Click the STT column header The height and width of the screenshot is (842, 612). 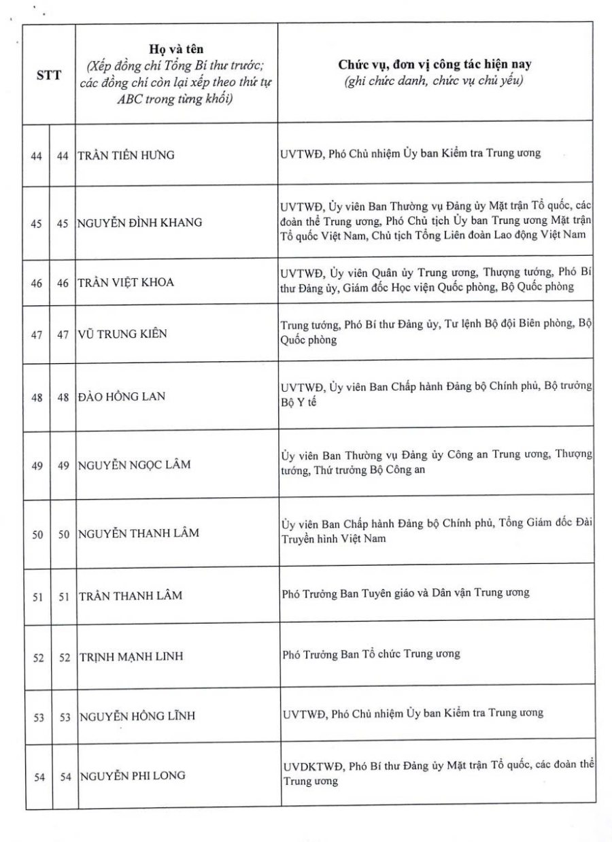(x=49, y=75)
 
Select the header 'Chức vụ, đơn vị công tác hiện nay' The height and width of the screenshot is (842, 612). (x=435, y=65)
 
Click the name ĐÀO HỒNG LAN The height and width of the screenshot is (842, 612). (x=122, y=397)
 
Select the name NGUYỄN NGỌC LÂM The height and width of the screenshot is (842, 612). (x=135, y=465)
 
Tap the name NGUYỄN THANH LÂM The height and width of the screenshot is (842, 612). (x=139, y=533)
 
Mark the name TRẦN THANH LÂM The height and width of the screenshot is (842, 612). (x=131, y=596)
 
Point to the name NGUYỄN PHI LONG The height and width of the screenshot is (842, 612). (x=132, y=776)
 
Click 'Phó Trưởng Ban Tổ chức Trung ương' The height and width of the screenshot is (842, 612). (x=371, y=654)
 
